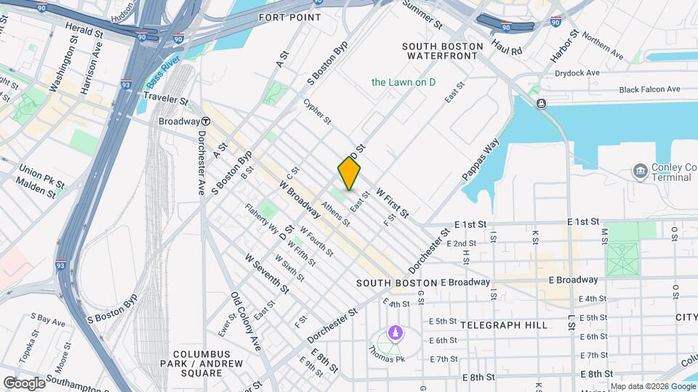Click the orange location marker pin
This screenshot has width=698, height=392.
click(349, 173)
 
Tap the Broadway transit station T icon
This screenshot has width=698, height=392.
click(206, 121)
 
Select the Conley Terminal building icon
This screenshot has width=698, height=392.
click(640, 171)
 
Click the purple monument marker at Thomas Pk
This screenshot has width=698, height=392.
click(394, 333)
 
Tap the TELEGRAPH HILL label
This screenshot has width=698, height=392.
click(504, 325)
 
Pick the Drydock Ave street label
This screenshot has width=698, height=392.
click(577, 73)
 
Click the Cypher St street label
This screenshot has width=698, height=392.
click(318, 111)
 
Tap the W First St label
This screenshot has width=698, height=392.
click(393, 203)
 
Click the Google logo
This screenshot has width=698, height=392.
click(24, 383)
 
